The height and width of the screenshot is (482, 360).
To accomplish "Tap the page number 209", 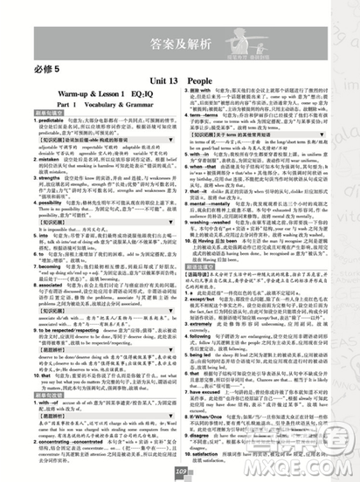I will pos(181,472).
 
